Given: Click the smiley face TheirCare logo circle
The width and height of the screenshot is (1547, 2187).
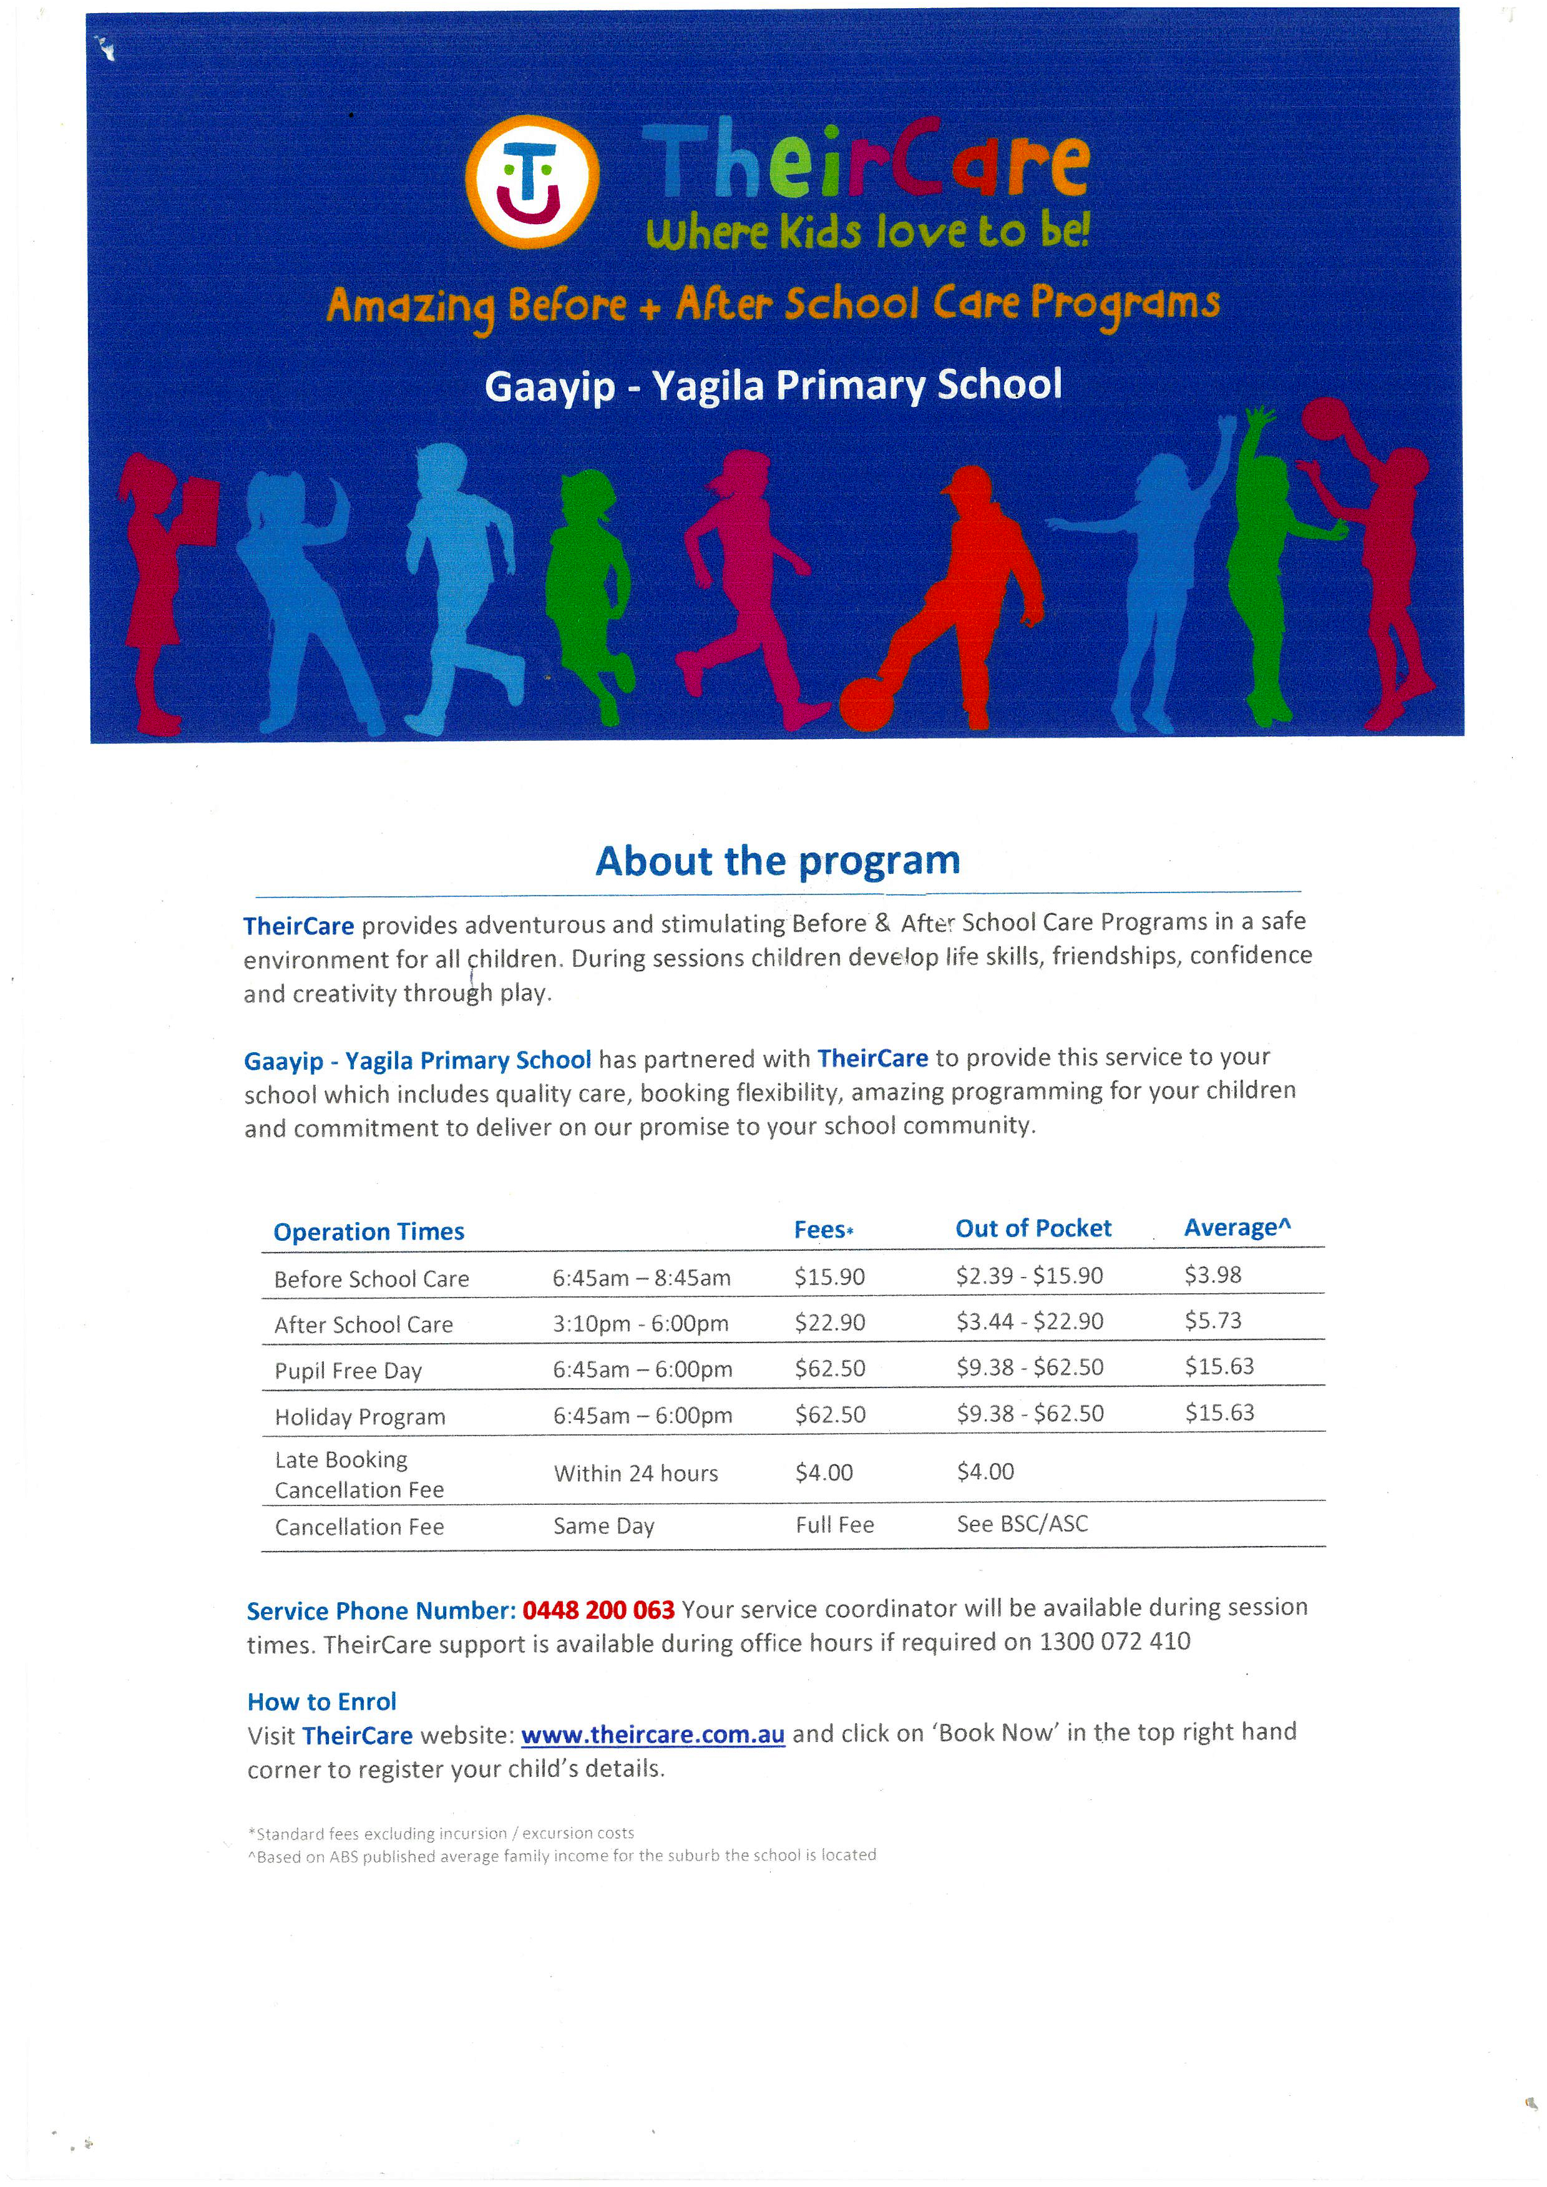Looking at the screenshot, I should click(532, 181).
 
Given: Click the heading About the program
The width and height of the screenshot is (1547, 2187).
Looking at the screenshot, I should click(778, 861).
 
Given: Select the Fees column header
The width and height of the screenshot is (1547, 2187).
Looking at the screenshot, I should click(823, 1230).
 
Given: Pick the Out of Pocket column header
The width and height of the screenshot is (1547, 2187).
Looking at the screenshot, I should click(1033, 1229).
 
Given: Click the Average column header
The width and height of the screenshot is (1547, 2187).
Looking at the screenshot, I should click(1236, 1228).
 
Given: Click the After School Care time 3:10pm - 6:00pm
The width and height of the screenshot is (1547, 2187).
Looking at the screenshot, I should click(640, 1323).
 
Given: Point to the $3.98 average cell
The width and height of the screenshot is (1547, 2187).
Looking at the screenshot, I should click(1213, 1275).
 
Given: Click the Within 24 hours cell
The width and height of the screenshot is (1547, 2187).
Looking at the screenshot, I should click(635, 1474).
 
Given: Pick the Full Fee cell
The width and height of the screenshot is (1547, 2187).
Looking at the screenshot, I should click(834, 1525).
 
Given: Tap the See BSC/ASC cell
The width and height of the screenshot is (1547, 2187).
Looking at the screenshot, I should click(1022, 1524).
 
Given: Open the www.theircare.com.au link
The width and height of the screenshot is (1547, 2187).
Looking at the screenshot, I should click(653, 1734).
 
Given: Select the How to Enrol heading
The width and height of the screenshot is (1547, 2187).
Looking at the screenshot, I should click(322, 1701).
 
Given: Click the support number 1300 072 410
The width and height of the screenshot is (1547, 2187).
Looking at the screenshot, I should click(1115, 1641).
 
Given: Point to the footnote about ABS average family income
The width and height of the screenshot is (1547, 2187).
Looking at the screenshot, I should click(562, 1856).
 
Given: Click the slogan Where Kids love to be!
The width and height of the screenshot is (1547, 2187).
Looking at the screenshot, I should click(867, 232).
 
